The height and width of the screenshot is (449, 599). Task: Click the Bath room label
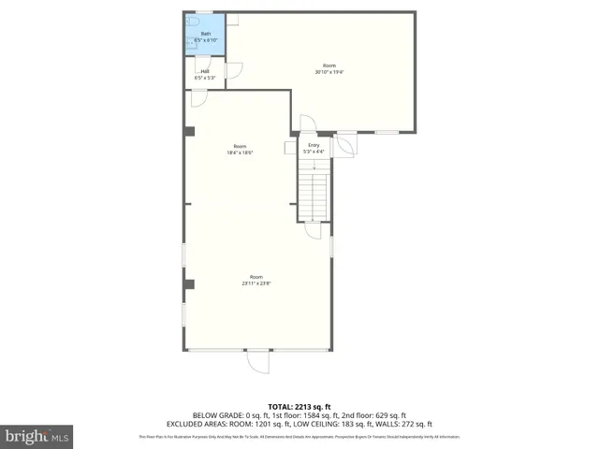[206, 35]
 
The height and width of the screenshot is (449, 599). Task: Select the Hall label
[203, 71]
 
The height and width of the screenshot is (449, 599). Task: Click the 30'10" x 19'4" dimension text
[329, 72]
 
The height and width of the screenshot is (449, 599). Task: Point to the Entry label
[314, 145]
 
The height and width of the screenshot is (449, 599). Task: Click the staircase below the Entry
[314, 192]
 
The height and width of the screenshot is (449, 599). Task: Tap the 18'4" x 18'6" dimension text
[240, 152]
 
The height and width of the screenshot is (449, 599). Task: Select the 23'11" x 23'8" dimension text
[256, 283]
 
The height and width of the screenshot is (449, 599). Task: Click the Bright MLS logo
[37, 436]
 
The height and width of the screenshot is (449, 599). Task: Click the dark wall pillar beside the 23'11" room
[189, 283]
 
